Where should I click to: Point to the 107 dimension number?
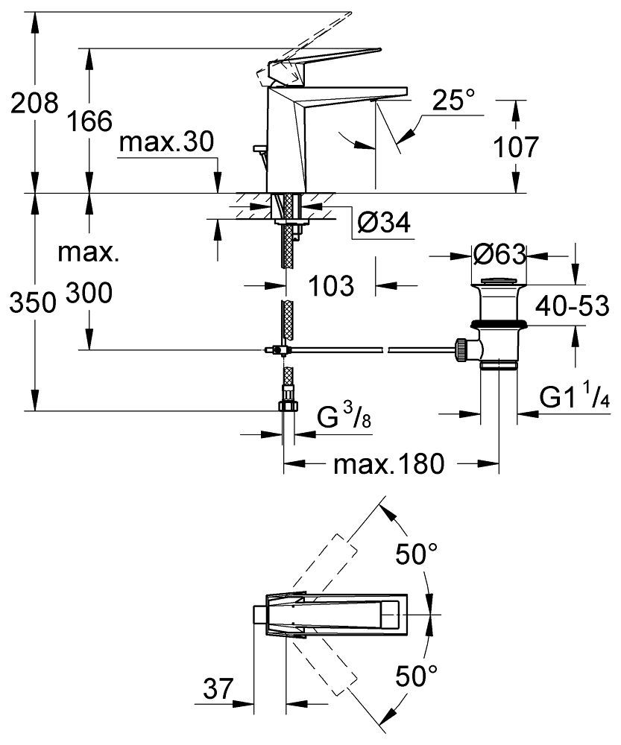click(x=514, y=147)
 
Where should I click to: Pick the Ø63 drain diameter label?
click(x=499, y=256)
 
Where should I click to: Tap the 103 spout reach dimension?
click(x=332, y=285)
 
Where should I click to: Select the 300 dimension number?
click(x=89, y=294)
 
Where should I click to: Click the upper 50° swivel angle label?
click(x=415, y=554)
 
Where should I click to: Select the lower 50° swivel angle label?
click(x=415, y=676)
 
